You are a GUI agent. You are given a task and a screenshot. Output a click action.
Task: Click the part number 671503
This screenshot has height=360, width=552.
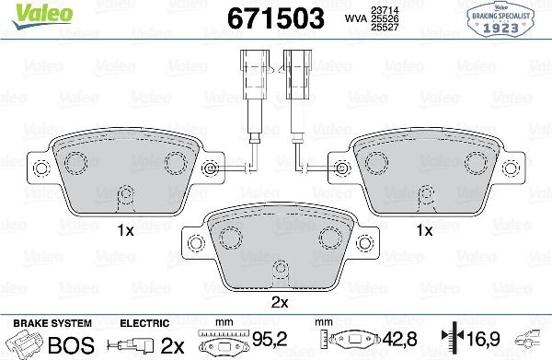[277, 17]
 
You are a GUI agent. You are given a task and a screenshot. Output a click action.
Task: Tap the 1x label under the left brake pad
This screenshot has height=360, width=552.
[127, 228]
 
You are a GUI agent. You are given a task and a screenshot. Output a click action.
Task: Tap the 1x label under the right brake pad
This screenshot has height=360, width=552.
[424, 228]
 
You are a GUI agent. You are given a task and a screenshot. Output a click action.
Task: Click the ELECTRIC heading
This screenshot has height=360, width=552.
[145, 323]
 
